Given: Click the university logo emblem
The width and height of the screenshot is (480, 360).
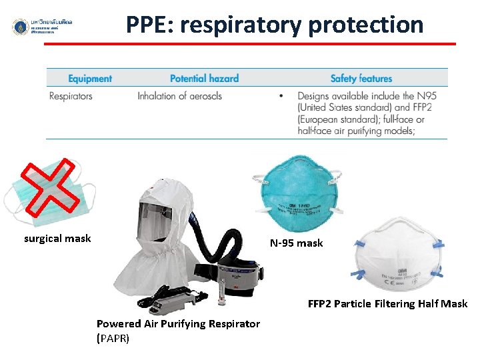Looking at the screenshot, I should click(20, 27).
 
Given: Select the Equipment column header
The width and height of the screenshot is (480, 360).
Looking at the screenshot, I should click(90, 79).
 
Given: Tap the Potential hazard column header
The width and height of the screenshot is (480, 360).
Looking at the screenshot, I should click(204, 79).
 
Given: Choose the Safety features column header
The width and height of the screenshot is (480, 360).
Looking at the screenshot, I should click(361, 79).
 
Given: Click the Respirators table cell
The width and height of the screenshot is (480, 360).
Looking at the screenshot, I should click(71, 96).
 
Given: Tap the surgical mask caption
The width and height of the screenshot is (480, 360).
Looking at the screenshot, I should click(57, 238).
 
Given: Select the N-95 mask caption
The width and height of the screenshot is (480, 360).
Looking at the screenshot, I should click(296, 243).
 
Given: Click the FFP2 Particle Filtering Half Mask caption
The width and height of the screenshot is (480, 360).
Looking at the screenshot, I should click(387, 304).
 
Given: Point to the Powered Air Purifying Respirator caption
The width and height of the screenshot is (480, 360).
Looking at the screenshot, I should click(178, 323).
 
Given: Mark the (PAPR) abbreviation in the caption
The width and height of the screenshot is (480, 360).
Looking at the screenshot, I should click(113, 338).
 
